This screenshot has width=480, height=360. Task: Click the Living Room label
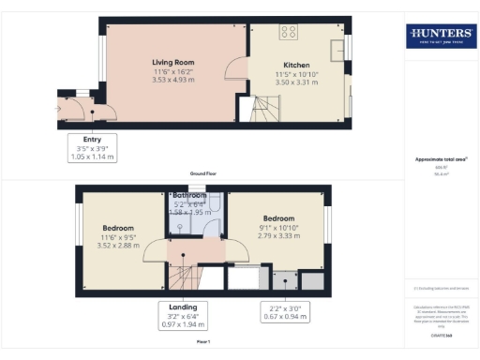(172, 63)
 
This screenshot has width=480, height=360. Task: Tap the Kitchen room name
(297, 67)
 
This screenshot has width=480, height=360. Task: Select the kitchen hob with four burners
(289, 31)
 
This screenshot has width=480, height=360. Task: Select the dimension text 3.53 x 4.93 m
(172, 80)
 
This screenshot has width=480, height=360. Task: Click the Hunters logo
(439, 37)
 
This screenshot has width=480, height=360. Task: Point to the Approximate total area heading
(438, 160)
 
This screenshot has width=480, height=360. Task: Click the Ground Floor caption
(204, 174)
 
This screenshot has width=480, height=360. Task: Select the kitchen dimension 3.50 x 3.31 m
(297, 82)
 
